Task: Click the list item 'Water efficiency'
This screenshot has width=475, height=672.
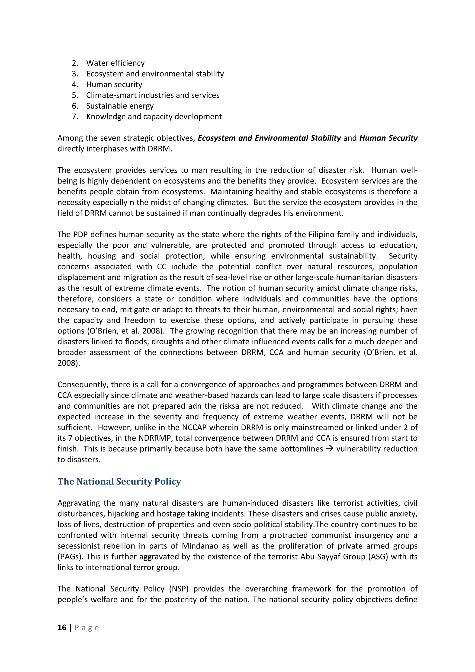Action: click(x=115, y=63)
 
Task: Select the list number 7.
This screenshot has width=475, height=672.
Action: click(x=75, y=116)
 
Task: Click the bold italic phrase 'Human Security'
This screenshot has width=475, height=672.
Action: click(x=388, y=138)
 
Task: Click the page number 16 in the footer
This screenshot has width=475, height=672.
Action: click(x=62, y=627)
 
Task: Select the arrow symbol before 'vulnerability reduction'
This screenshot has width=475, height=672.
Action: click(x=329, y=449)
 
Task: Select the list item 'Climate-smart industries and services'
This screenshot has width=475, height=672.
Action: click(x=153, y=95)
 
